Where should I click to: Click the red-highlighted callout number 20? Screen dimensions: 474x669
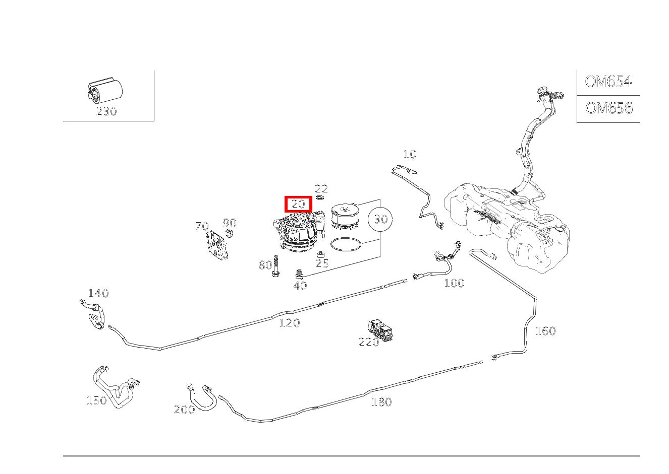point(298,204)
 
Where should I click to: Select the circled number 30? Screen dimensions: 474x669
point(381,219)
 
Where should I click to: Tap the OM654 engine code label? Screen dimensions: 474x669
point(608,82)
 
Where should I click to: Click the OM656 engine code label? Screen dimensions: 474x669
point(608,108)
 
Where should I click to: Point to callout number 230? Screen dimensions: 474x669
point(106,111)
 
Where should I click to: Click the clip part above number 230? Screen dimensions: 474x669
point(104,91)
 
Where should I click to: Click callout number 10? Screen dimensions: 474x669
point(410,154)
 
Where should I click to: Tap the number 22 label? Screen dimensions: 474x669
point(321,189)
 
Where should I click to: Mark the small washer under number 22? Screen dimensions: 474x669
point(320,198)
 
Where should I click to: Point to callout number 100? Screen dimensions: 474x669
point(454,283)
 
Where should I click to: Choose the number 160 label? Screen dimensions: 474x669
point(545,331)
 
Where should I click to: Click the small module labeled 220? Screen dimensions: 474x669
point(382,329)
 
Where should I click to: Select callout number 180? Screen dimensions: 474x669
point(381,402)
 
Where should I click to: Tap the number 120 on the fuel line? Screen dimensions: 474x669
point(290,323)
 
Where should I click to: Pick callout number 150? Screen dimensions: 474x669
point(97,400)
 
